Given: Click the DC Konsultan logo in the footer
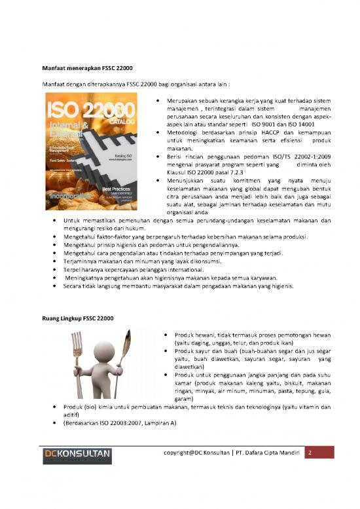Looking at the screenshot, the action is coord(77,456).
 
